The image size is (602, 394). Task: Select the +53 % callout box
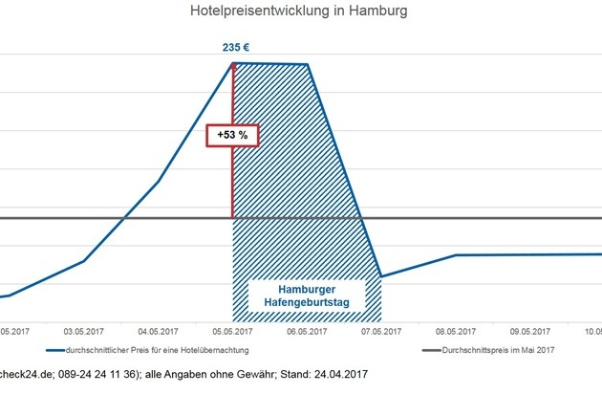pyautogui.click(x=232, y=135)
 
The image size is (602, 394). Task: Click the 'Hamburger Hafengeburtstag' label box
pyautogui.click(x=307, y=296)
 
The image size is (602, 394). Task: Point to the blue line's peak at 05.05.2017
pyautogui.click(x=233, y=63)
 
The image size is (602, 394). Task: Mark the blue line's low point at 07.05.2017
pyautogui.click(x=381, y=276)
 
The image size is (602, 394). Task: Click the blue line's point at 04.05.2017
pyautogui.click(x=159, y=181)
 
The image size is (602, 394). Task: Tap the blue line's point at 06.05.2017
pyautogui.click(x=307, y=65)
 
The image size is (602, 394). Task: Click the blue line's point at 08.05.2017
pyautogui.click(x=455, y=255)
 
